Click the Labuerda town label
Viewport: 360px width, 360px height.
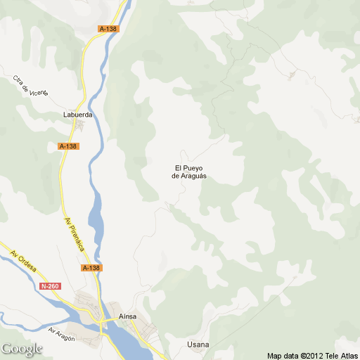click(78, 114)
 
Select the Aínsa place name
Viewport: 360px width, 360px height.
click(128, 317)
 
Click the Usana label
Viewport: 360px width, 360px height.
click(198, 345)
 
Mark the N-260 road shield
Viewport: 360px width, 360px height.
click(49, 286)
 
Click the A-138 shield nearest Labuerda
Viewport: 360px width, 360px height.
click(68, 146)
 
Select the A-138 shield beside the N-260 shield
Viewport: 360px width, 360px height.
click(91, 268)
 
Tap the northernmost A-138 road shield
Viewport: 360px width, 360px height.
click(108, 29)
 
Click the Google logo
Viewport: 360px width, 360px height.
click(22, 349)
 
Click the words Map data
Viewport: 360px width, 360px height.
click(283, 354)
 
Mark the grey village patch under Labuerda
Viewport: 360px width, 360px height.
click(79, 126)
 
